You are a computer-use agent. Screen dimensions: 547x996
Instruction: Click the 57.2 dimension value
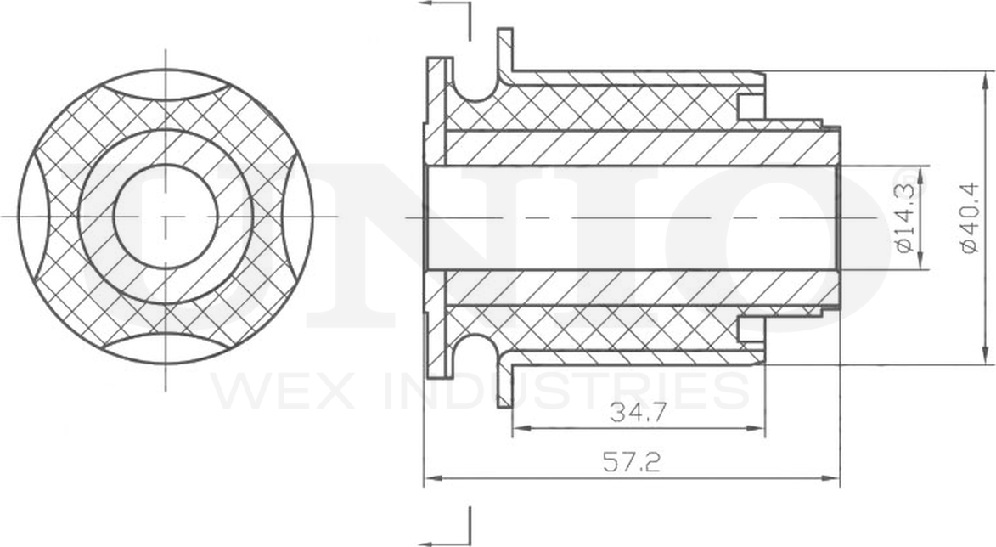632,463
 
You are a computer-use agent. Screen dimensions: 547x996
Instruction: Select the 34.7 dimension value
638,414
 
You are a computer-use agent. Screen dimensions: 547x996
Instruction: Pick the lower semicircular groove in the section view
474,348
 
